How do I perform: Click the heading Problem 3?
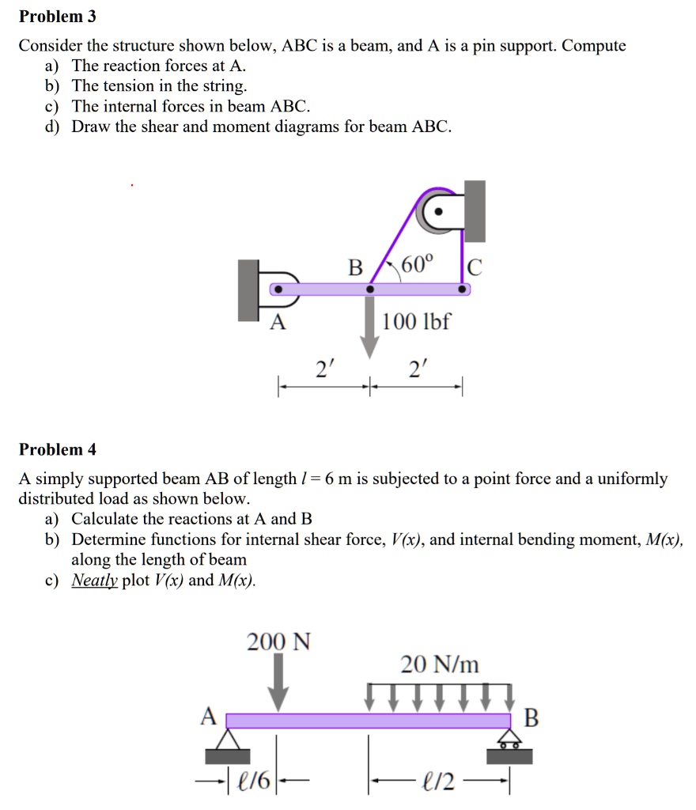(x=57, y=17)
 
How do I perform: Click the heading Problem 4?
(x=57, y=450)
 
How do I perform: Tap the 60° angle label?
(x=417, y=265)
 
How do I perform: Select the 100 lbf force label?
(x=416, y=323)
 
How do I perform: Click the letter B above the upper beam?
(x=356, y=267)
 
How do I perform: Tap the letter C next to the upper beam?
(x=473, y=267)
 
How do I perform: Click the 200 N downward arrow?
(x=278, y=685)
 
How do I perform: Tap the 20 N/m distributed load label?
(x=440, y=664)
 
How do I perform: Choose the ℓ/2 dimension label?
(x=440, y=784)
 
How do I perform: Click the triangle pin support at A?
(x=228, y=740)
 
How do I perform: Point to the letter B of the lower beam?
(x=531, y=718)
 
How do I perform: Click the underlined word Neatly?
(x=95, y=580)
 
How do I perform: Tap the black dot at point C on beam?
(x=463, y=290)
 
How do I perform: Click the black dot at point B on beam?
(x=369, y=290)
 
